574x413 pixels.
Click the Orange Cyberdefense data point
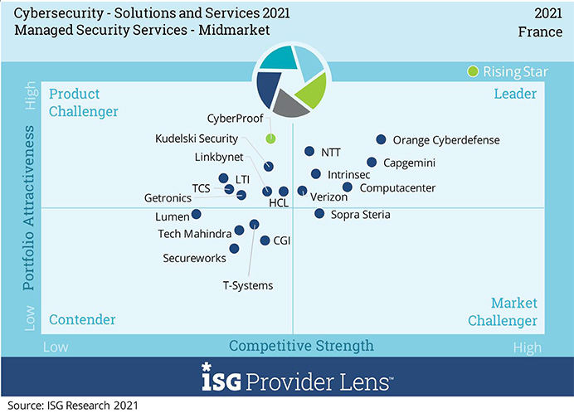point(381,140)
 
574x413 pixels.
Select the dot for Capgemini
point(372,163)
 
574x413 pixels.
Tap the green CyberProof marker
point(270,138)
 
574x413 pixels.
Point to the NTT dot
point(309,152)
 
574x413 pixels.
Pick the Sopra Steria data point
point(319,214)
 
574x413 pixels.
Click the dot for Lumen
point(196,214)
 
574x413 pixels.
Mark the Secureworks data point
point(235,248)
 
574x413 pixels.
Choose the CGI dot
point(265,241)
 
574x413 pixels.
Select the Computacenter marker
point(348,187)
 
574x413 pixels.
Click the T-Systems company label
point(247,285)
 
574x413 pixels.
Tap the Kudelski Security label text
point(197,138)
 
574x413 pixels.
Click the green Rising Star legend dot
point(473,71)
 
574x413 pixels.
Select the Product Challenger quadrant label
point(84,102)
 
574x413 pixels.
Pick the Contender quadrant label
point(82,320)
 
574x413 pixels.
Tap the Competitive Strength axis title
point(301,345)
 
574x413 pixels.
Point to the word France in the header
point(541,31)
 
